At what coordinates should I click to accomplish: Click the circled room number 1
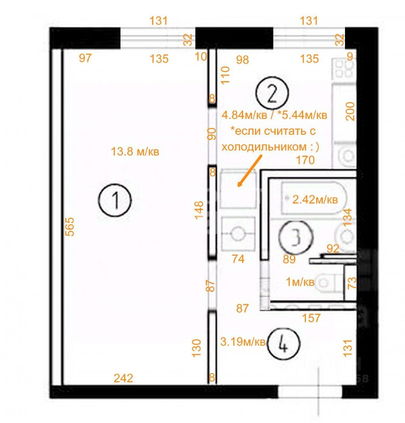(115, 200)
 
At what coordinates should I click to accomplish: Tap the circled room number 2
(272, 93)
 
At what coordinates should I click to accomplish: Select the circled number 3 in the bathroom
(296, 237)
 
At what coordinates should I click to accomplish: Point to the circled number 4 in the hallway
(283, 344)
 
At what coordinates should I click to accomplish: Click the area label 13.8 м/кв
(135, 152)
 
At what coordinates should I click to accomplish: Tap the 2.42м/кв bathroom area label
(315, 200)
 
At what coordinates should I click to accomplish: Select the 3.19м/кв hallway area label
(243, 342)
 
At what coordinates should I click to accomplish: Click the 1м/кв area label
(300, 282)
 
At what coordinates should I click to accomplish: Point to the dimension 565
(70, 227)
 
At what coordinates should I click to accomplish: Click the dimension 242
(123, 378)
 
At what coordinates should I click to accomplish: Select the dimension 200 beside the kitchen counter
(350, 111)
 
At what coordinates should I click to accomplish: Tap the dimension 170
(305, 160)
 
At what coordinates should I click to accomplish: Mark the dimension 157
(311, 318)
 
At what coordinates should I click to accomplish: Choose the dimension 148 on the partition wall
(199, 210)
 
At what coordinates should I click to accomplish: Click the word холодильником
(264, 147)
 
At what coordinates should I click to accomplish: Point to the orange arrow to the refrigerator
(250, 171)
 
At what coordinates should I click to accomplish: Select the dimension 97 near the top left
(85, 58)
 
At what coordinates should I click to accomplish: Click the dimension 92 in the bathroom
(333, 249)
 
